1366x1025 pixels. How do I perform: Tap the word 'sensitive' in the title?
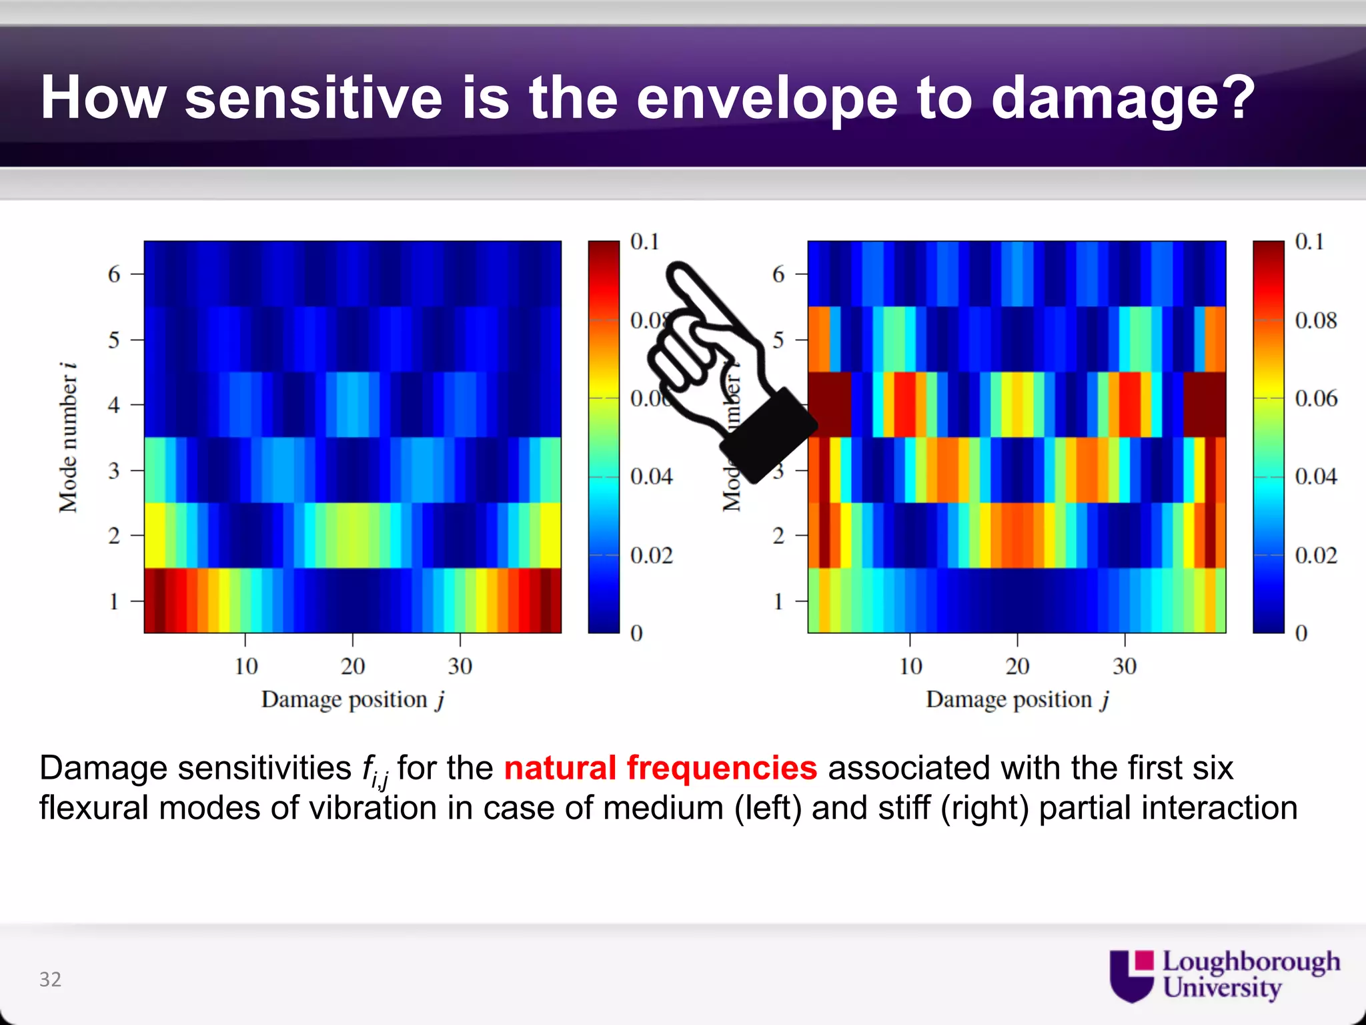click(313, 99)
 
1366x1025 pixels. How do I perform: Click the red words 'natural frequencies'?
click(660, 767)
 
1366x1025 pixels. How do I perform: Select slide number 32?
click(50, 979)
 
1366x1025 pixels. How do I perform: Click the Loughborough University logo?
click(1225, 975)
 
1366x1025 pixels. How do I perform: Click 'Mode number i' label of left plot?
click(67, 438)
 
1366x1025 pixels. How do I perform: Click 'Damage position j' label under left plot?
click(353, 700)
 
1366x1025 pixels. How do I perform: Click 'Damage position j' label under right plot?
click(1017, 700)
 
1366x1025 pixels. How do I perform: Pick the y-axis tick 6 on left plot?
click(114, 274)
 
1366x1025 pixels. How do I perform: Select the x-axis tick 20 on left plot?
click(353, 666)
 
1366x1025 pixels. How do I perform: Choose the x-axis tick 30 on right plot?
click(1125, 666)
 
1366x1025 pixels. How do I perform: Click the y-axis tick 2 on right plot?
click(778, 536)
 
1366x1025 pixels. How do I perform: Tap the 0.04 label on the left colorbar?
click(651, 476)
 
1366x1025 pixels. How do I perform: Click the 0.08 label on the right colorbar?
click(1315, 320)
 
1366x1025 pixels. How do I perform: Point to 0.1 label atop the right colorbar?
click(1309, 242)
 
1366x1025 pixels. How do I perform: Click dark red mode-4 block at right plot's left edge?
click(830, 404)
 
